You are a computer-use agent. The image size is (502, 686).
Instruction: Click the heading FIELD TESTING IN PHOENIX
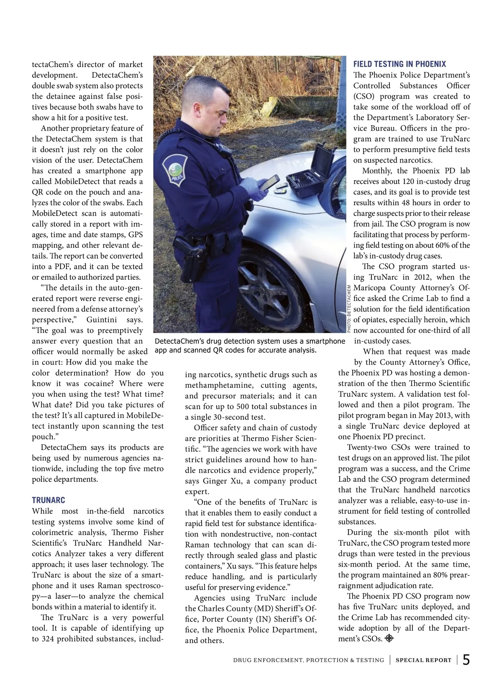[400, 64]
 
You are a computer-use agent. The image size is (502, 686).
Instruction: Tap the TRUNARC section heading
[49, 500]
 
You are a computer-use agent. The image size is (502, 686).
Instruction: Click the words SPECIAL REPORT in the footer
[423, 660]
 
